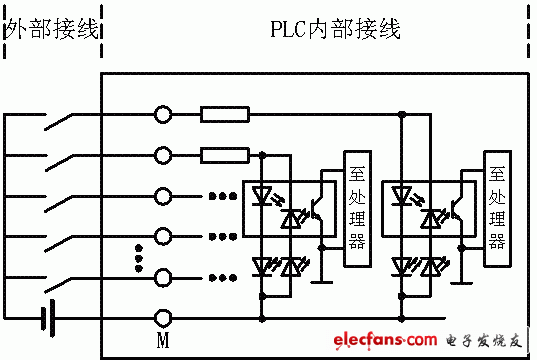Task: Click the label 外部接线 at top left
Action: click(x=52, y=29)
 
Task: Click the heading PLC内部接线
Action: click(x=336, y=29)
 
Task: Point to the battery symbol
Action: click(x=46, y=319)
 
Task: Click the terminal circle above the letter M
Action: click(x=163, y=319)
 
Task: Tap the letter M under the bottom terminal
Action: click(x=163, y=341)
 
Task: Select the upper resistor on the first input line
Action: click(x=225, y=115)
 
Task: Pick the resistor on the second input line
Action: click(x=225, y=155)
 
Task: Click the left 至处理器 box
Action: click(x=355, y=210)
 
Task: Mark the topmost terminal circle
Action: click(x=163, y=115)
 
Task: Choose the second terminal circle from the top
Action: click(x=163, y=155)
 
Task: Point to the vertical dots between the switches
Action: click(x=139, y=257)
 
